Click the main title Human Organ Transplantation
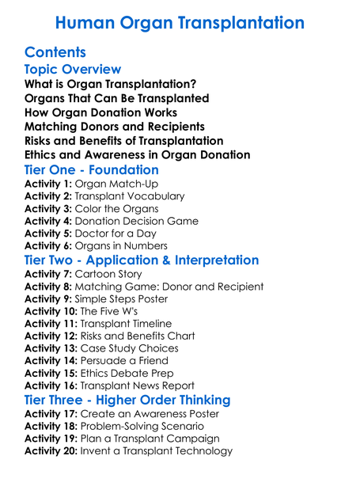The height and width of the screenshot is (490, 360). coord(180,22)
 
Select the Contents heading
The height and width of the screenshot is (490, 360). coord(55,53)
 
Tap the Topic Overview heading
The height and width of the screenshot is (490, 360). coord(73,70)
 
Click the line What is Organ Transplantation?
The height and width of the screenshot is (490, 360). coord(111,83)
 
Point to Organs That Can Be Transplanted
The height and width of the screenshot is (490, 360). coord(117,98)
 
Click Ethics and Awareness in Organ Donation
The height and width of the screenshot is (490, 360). coord(138,155)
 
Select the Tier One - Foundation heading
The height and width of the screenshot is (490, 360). coord(91,170)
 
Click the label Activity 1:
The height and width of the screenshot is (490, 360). coord(48,184)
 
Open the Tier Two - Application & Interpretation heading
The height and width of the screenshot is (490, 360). coord(142,260)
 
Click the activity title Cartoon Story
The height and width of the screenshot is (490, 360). coord(109,274)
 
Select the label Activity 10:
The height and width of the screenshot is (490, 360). coord(51,311)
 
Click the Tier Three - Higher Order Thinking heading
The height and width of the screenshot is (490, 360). coord(127,400)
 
